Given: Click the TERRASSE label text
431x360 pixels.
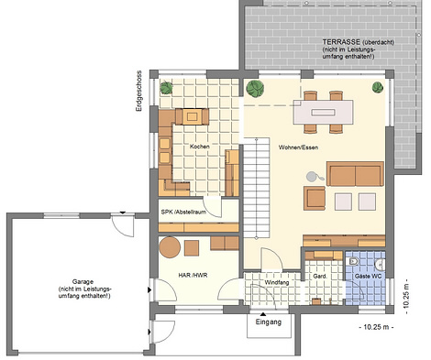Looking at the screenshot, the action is point(342,42).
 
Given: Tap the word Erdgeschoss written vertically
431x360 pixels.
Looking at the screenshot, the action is point(139,91).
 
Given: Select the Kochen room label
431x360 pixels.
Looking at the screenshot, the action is point(200,147).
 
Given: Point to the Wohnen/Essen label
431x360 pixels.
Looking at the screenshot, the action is point(298,147).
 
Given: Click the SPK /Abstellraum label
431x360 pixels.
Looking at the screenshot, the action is point(183,212).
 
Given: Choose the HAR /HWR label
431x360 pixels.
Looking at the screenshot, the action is point(193,275).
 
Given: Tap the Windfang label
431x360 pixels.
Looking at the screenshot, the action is point(277,282).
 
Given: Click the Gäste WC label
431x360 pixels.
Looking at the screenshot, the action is point(368,277).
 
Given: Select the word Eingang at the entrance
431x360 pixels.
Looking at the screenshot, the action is point(269,322).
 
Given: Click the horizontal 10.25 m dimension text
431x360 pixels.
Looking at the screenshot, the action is point(376,327).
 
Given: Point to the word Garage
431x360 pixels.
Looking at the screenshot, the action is point(83,281).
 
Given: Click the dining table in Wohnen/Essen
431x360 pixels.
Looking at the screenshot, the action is point(323,112).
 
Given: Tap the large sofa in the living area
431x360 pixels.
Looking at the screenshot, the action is point(355,174).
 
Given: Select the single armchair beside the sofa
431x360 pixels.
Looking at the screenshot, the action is point(315,199).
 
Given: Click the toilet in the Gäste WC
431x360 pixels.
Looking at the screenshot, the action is point(353,261).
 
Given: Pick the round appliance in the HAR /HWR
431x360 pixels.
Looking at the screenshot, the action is point(170,247).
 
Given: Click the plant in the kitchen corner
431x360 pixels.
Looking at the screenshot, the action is point(167,88).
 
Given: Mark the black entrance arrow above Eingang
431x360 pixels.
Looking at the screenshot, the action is point(263,314).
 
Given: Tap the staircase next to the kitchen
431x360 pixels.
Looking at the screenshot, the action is point(257,189).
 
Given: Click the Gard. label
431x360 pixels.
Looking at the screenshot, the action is point(320,277).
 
